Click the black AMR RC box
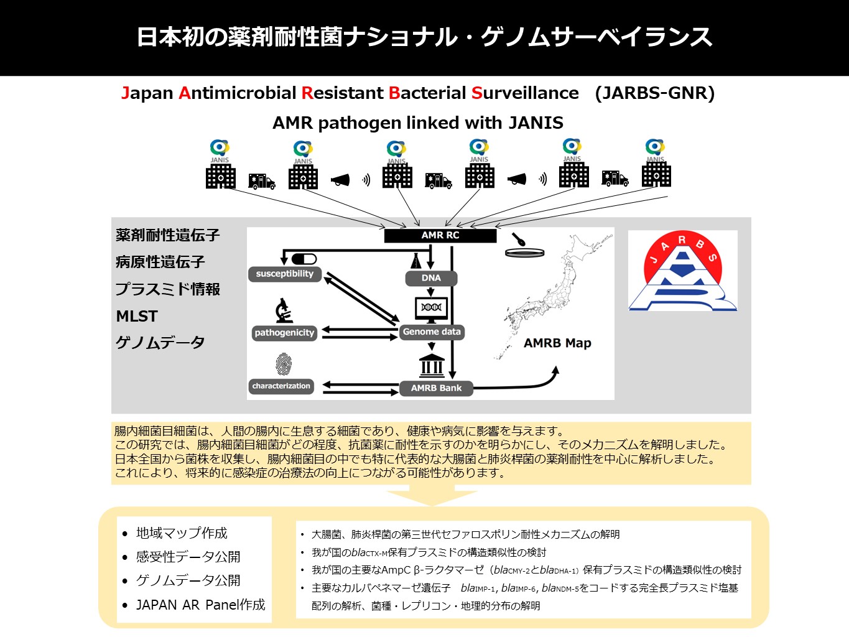(x=440, y=236)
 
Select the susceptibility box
(x=285, y=274)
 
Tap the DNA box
(x=431, y=278)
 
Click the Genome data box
(x=432, y=332)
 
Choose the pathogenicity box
(x=284, y=333)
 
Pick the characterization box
(x=281, y=386)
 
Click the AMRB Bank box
(x=436, y=388)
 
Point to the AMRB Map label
(x=557, y=343)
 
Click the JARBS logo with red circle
(x=682, y=271)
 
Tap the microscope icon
(x=284, y=310)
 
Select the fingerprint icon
(x=284, y=364)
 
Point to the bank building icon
(x=432, y=366)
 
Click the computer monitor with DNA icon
(x=431, y=309)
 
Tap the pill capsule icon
(x=304, y=258)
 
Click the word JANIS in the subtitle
(x=536, y=123)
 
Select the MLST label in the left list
(x=137, y=316)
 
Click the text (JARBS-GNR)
(x=654, y=93)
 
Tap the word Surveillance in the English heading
(x=525, y=93)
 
